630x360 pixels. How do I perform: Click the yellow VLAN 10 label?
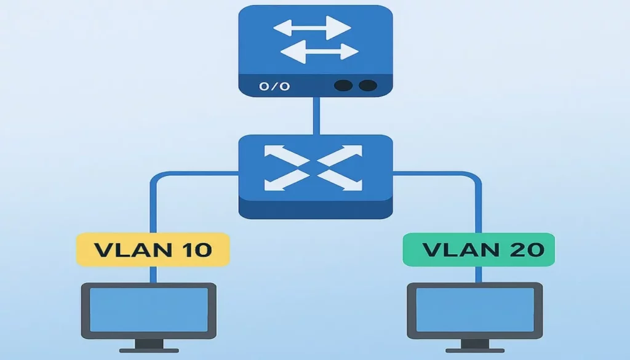pyautogui.click(x=153, y=250)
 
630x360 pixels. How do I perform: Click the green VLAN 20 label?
pyautogui.click(x=479, y=250)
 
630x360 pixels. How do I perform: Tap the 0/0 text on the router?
pyautogui.click(x=274, y=86)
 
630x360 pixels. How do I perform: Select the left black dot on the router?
pyautogui.click(x=343, y=86)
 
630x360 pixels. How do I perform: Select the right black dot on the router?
pyautogui.click(x=367, y=86)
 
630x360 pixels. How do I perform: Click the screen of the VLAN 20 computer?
pyautogui.click(x=475, y=309)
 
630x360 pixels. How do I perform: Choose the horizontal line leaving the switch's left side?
pyautogui.click(x=197, y=175)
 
